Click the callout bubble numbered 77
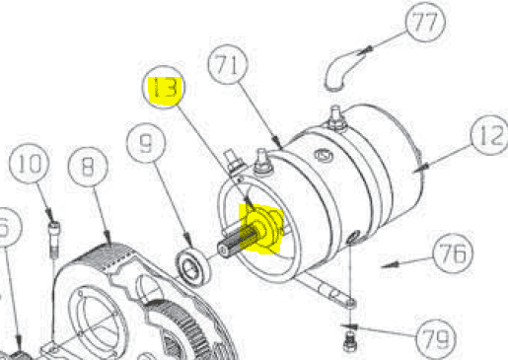tap(425, 22)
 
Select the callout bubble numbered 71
tap(228, 64)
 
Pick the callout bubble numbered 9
tap(146, 143)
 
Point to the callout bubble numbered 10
tap(30, 164)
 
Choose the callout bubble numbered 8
tap(88, 167)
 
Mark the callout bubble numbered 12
tap(490, 135)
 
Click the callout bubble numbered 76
tap(453, 252)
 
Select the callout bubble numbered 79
tap(436, 337)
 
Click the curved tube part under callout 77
tap(342, 71)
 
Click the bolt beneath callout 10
tap(54, 240)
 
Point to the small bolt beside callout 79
tap(349, 342)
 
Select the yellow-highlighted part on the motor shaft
tap(261, 229)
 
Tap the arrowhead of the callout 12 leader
tap(421, 168)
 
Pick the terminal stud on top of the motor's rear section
tap(335, 117)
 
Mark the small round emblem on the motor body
tap(324, 155)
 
